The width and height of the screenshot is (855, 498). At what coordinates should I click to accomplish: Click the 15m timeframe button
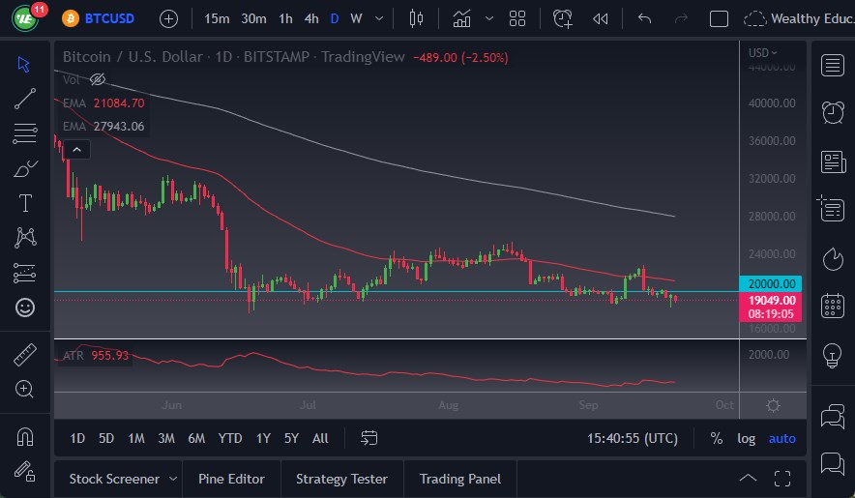pyautogui.click(x=218, y=18)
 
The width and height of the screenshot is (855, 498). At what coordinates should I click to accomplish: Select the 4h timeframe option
pyautogui.click(x=310, y=18)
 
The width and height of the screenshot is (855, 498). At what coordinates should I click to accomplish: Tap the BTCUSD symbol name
pyautogui.click(x=109, y=18)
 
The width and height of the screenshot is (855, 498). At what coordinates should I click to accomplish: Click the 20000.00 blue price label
pyautogui.click(x=773, y=283)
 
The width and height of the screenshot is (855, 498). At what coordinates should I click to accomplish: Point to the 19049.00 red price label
pyautogui.click(x=773, y=300)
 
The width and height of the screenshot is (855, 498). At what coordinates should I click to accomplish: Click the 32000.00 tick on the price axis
pyautogui.click(x=772, y=179)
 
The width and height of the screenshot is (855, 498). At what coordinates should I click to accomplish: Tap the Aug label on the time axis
pyautogui.click(x=448, y=405)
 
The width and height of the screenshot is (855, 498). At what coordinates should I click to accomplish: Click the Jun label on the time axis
pyautogui.click(x=172, y=405)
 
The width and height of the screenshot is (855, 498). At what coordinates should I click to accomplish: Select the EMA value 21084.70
pyautogui.click(x=119, y=103)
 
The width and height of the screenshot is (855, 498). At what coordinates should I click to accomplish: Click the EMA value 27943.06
pyautogui.click(x=119, y=126)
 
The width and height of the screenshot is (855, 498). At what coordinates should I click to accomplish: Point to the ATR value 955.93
pyautogui.click(x=110, y=356)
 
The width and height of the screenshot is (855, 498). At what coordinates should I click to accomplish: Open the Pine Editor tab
pyautogui.click(x=232, y=479)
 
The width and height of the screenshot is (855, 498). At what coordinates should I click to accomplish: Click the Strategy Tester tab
pyautogui.click(x=341, y=479)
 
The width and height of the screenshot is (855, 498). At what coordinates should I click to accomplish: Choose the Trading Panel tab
pyautogui.click(x=460, y=479)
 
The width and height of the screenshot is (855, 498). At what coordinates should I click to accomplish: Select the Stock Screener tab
pyautogui.click(x=114, y=479)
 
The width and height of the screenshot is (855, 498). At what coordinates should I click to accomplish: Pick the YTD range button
pyautogui.click(x=230, y=438)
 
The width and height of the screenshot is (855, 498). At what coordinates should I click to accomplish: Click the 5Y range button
pyautogui.click(x=291, y=438)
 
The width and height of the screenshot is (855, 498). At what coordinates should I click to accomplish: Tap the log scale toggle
pyautogui.click(x=746, y=438)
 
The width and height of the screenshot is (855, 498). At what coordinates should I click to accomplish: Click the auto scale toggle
pyautogui.click(x=781, y=438)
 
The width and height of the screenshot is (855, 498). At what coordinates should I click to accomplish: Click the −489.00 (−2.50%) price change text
pyautogui.click(x=460, y=57)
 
